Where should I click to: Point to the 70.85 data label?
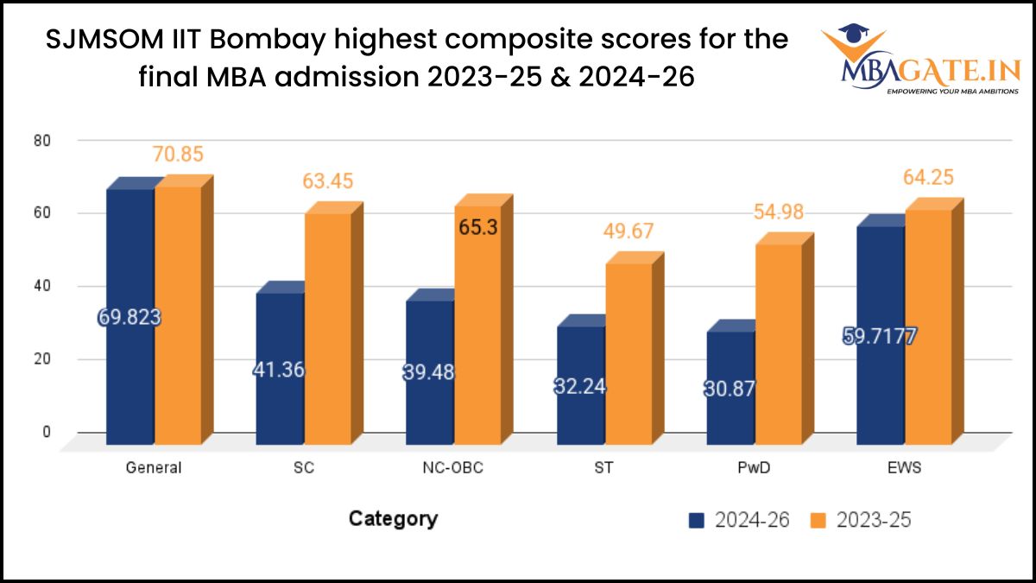[x=179, y=155]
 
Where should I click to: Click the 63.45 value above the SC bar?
[x=327, y=182]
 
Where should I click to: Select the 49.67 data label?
[x=628, y=231]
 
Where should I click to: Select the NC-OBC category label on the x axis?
[x=453, y=468]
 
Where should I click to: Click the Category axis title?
[x=393, y=519]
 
